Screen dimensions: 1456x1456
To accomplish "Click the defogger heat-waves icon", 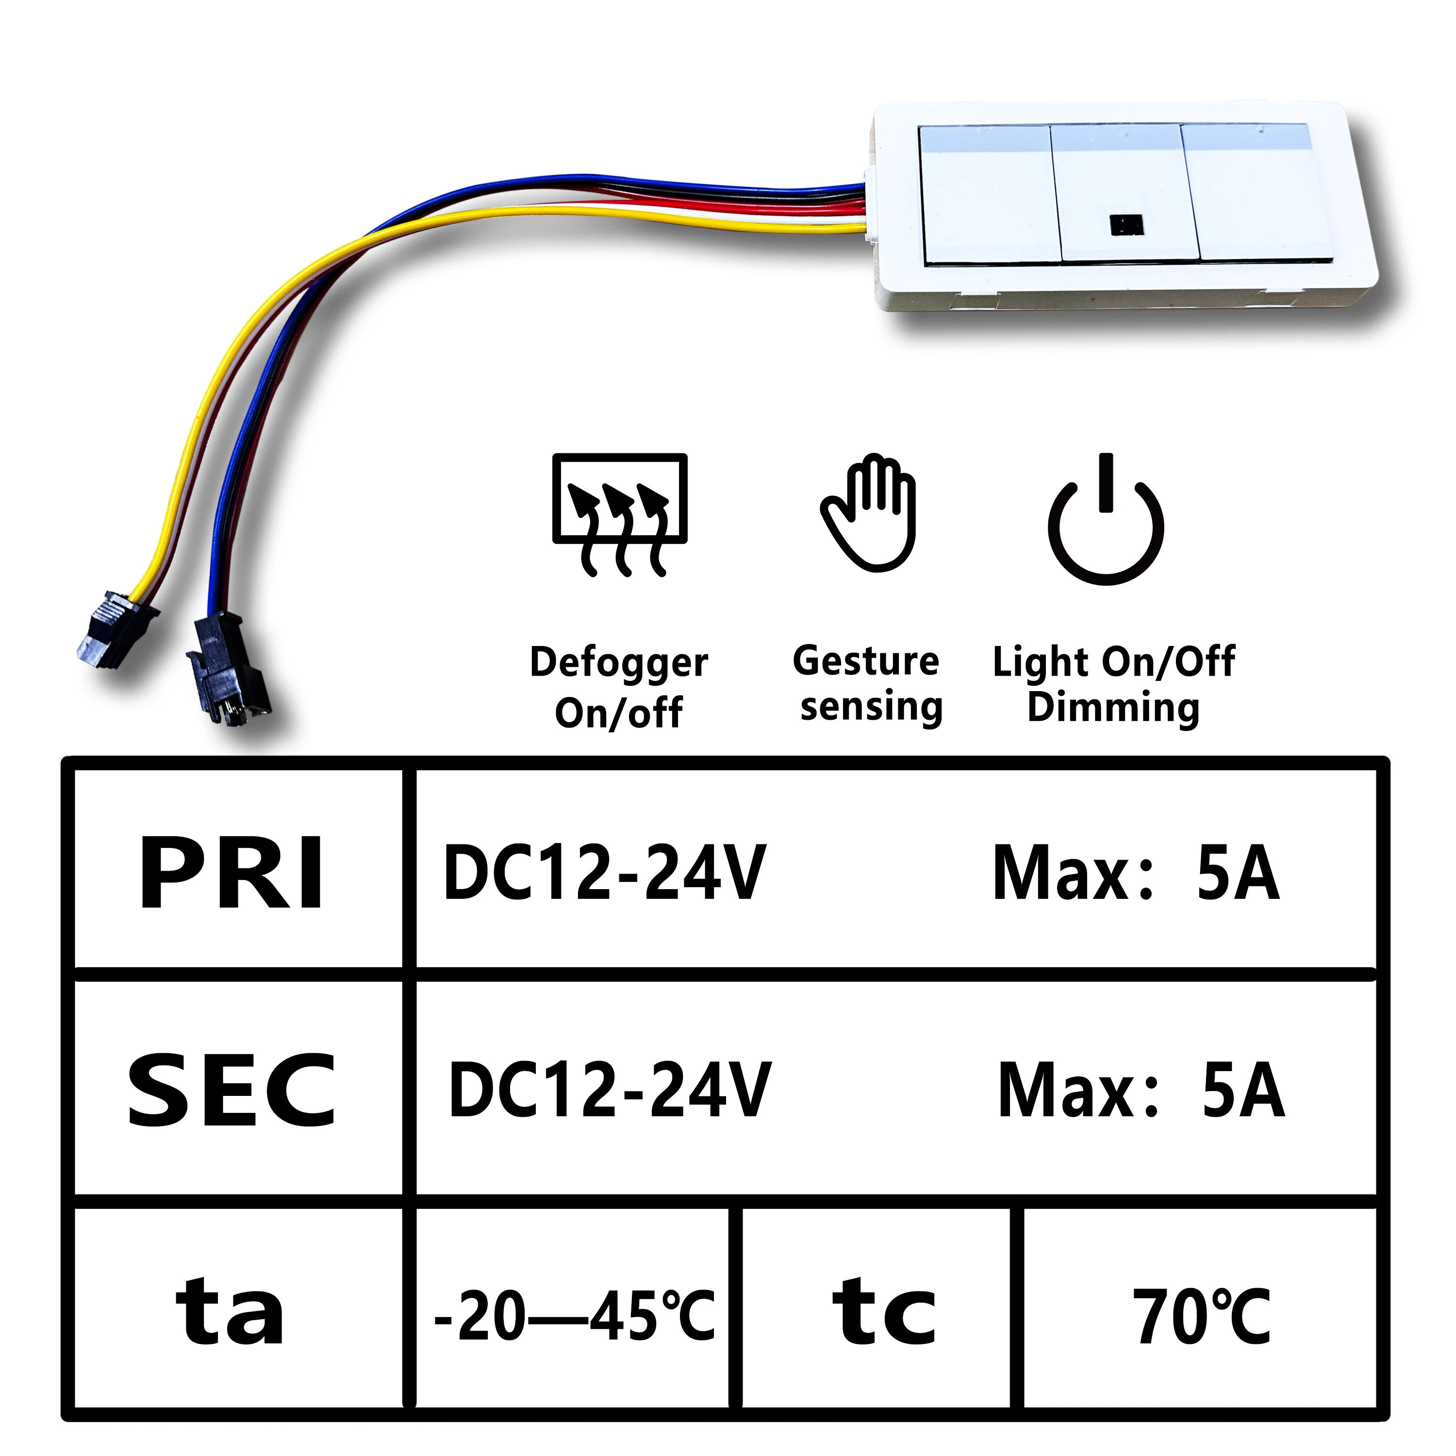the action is (x=619, y=514).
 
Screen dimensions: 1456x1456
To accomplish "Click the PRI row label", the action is (x=232, y=874).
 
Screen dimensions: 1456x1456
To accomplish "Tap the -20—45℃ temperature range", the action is (x=574, y=1316).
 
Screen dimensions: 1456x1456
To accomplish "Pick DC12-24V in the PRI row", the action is (x=604, y=873).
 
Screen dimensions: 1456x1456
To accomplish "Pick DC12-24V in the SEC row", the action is (x=609, y=1090).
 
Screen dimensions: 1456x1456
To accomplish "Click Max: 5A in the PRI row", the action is (x=1136, y=873).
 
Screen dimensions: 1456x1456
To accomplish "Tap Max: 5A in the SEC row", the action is (x=1141, y=1090).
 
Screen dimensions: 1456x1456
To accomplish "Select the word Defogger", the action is (x=619, y=663).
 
